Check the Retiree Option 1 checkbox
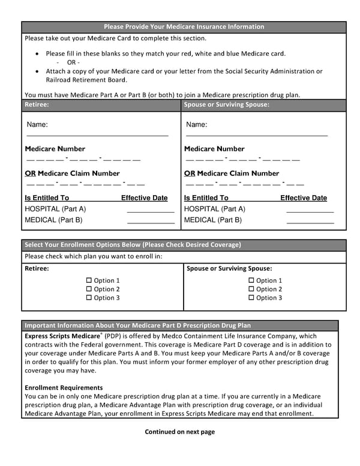89,280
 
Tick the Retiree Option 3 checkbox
89,298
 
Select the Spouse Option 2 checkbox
251,289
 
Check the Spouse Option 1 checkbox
251,280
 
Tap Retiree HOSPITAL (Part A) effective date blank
150,210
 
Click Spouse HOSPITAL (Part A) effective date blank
310,210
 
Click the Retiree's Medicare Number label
55,149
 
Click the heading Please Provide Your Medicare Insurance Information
184,26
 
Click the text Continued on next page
179,431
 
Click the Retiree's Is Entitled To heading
47,198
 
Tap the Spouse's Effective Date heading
304,198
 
